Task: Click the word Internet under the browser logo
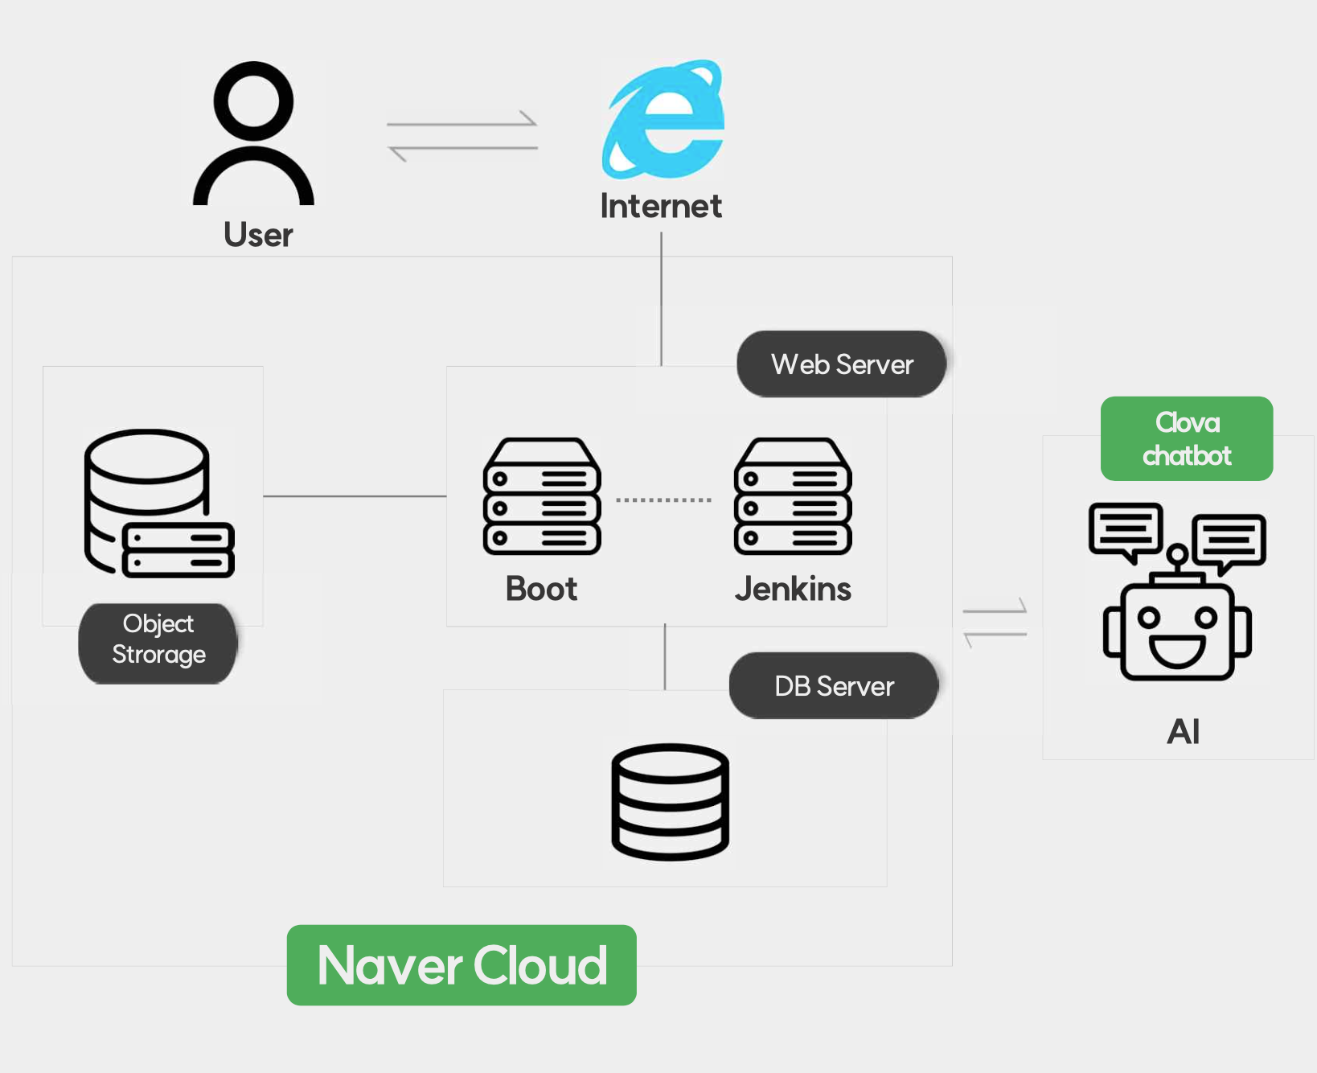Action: tap(661, 207)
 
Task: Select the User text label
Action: tap(258, 235)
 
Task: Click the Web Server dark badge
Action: tap(841, 364)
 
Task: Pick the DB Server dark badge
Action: tap(834, 686)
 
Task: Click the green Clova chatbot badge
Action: tap(1187, 439)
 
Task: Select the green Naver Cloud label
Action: tap(462, 965)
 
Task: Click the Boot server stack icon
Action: tap(542, 496)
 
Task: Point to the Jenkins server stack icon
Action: tap(793, 496)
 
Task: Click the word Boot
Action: tap(541, 590)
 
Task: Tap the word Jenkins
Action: tap(793, 590)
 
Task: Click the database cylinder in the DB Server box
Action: tap(670, 802)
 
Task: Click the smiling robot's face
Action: tap(1178, 632)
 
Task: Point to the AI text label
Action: tap(1184, 732)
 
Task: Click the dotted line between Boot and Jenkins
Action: tap(664, 500)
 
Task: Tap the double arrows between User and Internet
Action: tap(462, 136)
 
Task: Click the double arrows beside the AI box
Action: tap(995, 623)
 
